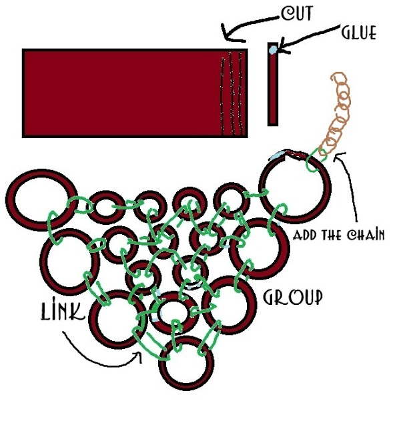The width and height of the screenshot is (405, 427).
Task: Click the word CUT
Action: (x=296, y=13)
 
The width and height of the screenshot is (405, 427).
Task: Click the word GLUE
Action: (x=359, y=33)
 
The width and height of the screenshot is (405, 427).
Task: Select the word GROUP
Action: (x=293, y=298)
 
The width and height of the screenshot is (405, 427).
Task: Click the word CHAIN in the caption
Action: (x=366, y=235)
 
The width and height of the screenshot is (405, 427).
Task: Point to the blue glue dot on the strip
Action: (x=273, y=49)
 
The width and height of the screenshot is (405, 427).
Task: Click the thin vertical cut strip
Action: (x=273, y=84)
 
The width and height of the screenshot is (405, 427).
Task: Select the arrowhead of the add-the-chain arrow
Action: (x=337, y=156)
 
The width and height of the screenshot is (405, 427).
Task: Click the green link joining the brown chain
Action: (x=316, y=160)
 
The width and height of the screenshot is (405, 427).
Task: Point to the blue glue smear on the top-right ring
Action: (x=276, y=155)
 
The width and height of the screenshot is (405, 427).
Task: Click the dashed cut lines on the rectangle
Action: (x=232, y=94)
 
